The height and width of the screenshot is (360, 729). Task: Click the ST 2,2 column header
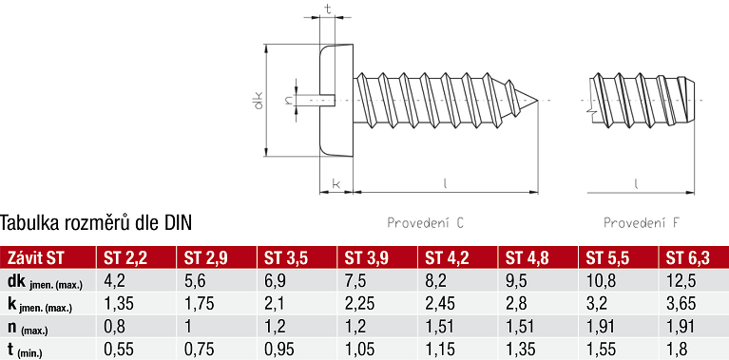125,258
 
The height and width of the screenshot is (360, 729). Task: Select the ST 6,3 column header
688,258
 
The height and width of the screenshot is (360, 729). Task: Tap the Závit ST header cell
36,258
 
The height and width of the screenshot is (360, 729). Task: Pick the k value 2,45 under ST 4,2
439,304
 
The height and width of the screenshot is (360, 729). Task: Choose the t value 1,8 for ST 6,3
677,349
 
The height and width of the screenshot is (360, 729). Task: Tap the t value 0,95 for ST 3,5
279,349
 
